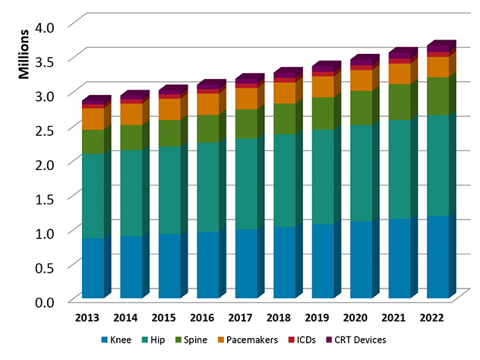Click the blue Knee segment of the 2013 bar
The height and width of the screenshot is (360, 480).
(93, 267)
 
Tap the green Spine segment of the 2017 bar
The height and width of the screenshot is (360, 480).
(245, 124)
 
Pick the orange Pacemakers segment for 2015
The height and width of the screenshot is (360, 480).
(169, 109)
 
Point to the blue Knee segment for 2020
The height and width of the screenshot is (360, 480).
(360, 260)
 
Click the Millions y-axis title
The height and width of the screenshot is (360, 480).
(24, 54)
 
